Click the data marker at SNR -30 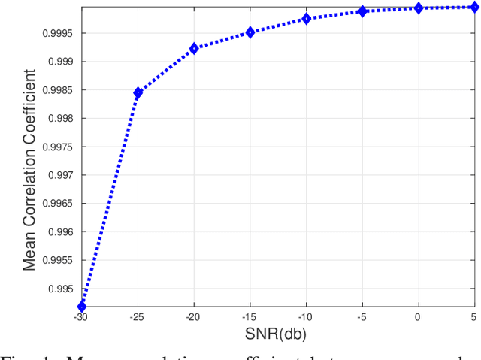point(82,306)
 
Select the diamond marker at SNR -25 point(138,92)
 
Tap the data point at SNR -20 point(194,48)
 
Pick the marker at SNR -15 point(250,32)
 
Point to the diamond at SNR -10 point(306,18)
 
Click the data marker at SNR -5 point(362,11)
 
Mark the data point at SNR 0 point(418,8)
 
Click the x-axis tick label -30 point(81,318)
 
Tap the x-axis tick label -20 point(193,318)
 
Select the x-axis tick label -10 point(305,318)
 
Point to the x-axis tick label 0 point(418,318)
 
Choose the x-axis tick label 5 point(473,318)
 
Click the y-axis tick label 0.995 point(61,289)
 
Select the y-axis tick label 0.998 point(61,118)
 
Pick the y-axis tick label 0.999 point(61,62)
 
